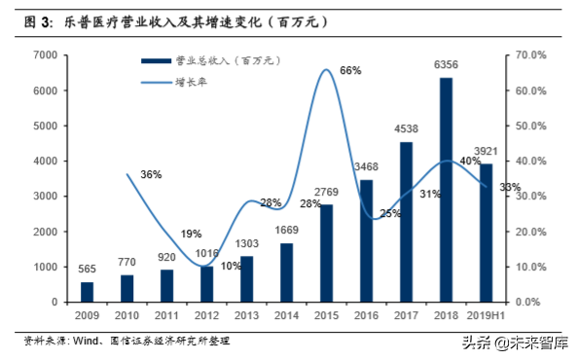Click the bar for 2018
pyautogui.click(x=446, y=190)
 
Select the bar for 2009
pyautogui.click(x=88, y=292)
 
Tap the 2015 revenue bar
pyautogui.click(x=327, y=253)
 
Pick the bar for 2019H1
pyautogui.click(x=486, y=233)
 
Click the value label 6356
pyautogui.click(x=446, y=65)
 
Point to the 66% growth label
pyautogui.click(x=351, y=70)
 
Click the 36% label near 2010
pyautogui.click(x=151, y=174)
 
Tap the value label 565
pyautogui.click(x=88, y=270)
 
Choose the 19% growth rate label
pyautogui.click(x=191, y=234)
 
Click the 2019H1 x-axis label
pyautogui.click(x=486, y=315)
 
